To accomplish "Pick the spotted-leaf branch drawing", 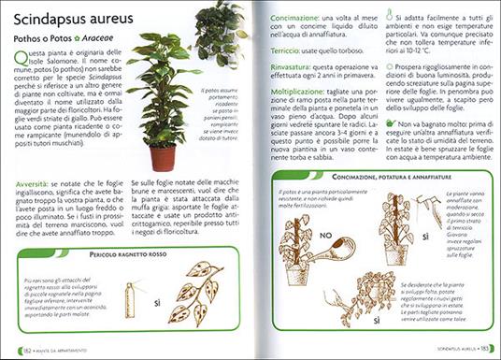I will (x=200, y=291).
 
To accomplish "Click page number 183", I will (x=481, y=350).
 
